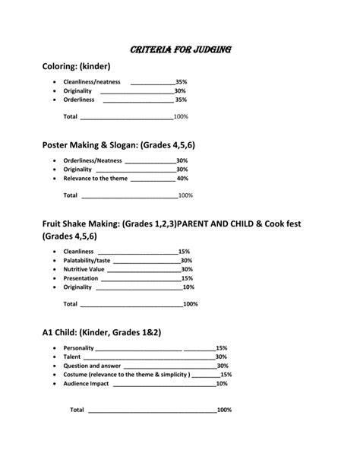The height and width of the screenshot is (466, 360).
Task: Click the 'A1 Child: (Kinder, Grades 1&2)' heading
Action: (102, 333)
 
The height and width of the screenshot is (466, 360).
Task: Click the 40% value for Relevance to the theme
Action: (182, 179)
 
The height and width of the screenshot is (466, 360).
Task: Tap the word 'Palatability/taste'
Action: (87, 260)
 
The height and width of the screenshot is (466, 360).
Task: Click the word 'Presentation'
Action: (81, 278)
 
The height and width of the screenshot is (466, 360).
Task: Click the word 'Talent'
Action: (72, 357)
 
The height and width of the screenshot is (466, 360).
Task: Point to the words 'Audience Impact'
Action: (86, 384)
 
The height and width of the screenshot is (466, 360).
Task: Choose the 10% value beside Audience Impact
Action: (222, 384)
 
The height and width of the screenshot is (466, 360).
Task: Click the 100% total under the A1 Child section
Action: (224, 410)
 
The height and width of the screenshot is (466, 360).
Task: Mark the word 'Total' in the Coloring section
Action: (70, 117)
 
